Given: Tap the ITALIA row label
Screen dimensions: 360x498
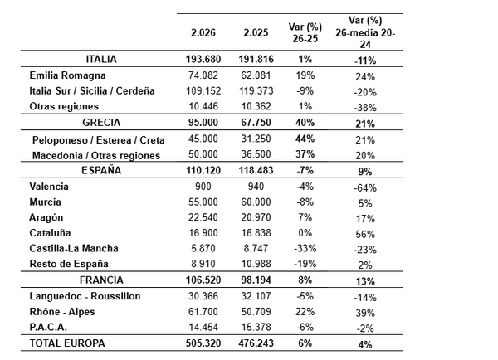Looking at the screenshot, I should pyautogui.click(x=101, y=60).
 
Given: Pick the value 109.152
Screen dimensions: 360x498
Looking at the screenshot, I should pyautogui.click(x=203, y=90).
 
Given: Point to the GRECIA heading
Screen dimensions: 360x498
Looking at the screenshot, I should pyautogui.click(x=101, y=122).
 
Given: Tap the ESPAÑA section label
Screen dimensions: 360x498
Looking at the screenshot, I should pyautogui.click(x=101, y=170).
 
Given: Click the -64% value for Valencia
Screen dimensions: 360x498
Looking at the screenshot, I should pyautogui.click(x=364, y=187).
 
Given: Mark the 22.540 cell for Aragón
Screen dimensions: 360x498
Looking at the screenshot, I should pyautogui.click(x=203, y=217).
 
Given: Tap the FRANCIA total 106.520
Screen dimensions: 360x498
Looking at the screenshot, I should pyautogui.click(x=203, y=280).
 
